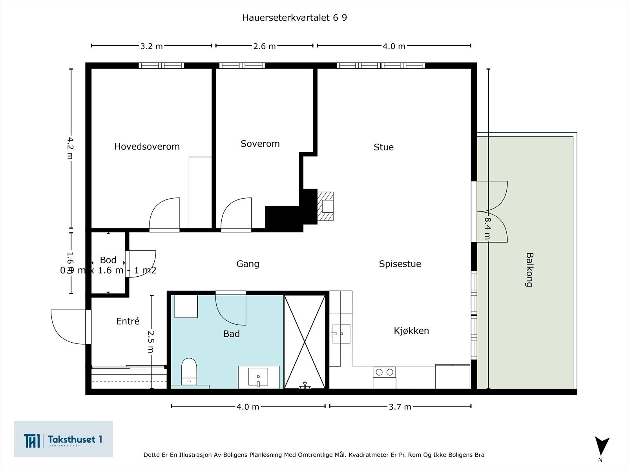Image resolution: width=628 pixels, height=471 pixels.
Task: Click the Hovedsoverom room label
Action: coord(147,146)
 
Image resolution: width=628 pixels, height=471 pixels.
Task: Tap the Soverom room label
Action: coord(260,144)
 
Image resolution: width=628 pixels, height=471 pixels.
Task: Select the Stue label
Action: coord(383,147)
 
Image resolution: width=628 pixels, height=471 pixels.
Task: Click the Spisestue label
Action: coord(400,264)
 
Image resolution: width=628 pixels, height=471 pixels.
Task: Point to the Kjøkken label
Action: coord(411,330)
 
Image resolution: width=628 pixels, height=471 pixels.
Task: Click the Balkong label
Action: coord(529,270)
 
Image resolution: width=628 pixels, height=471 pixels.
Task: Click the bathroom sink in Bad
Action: coord(258,377)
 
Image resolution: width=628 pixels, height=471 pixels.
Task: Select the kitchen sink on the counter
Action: coord(341,334)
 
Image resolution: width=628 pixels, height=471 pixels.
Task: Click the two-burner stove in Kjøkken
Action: coord(384,372)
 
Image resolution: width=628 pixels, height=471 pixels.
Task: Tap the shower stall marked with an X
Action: coord(305,342)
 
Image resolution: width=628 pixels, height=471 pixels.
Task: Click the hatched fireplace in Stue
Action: coord(325,206)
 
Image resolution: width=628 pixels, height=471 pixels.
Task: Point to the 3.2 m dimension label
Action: coord(151,46)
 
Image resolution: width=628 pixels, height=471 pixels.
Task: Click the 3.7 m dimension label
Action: coord(400,407)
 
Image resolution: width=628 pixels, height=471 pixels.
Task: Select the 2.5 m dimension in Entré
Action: coord(150,341)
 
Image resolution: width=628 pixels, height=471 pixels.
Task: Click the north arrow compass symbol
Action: coord(601,447)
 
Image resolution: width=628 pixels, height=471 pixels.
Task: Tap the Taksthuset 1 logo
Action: coord(63,439)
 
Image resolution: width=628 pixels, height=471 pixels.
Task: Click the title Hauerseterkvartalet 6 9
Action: coord(294,18)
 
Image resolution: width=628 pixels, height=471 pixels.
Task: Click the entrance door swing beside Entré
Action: coord(69,327)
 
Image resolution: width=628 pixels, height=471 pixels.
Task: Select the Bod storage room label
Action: coord(108,260)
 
